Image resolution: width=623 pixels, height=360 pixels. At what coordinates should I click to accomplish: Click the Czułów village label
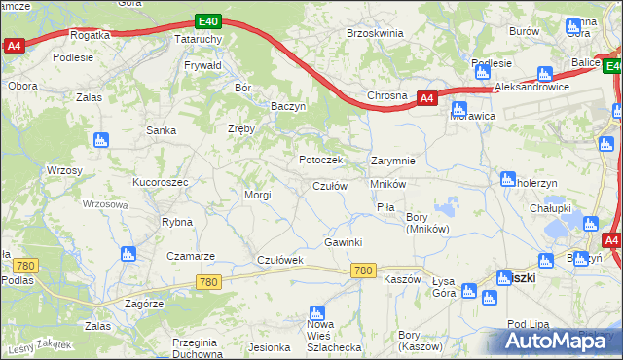(329, 186)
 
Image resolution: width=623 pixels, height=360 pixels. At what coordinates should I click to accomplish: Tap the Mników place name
(386, 183)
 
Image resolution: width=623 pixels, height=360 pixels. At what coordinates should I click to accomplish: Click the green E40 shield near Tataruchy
(207, 20)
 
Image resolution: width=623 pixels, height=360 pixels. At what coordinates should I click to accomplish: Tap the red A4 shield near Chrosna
(426, 97)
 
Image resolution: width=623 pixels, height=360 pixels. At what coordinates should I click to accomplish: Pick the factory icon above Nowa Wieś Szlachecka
(315, 313)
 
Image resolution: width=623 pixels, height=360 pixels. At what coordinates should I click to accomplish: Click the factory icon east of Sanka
(99, 140)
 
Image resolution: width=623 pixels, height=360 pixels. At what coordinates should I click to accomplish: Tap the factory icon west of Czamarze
(126, 255)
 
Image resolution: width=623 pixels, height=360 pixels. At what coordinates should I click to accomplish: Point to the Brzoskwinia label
(375, 33)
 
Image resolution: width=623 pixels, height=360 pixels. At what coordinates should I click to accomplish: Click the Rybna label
(177, 222)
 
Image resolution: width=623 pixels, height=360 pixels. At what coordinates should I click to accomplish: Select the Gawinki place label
(343, 242)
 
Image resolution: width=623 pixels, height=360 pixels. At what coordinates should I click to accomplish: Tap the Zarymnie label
(393, 161)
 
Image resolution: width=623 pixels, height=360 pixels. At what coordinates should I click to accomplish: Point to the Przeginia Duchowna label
(194, 347)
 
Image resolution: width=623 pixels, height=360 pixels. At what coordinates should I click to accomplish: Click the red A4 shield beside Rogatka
(14, 46)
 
